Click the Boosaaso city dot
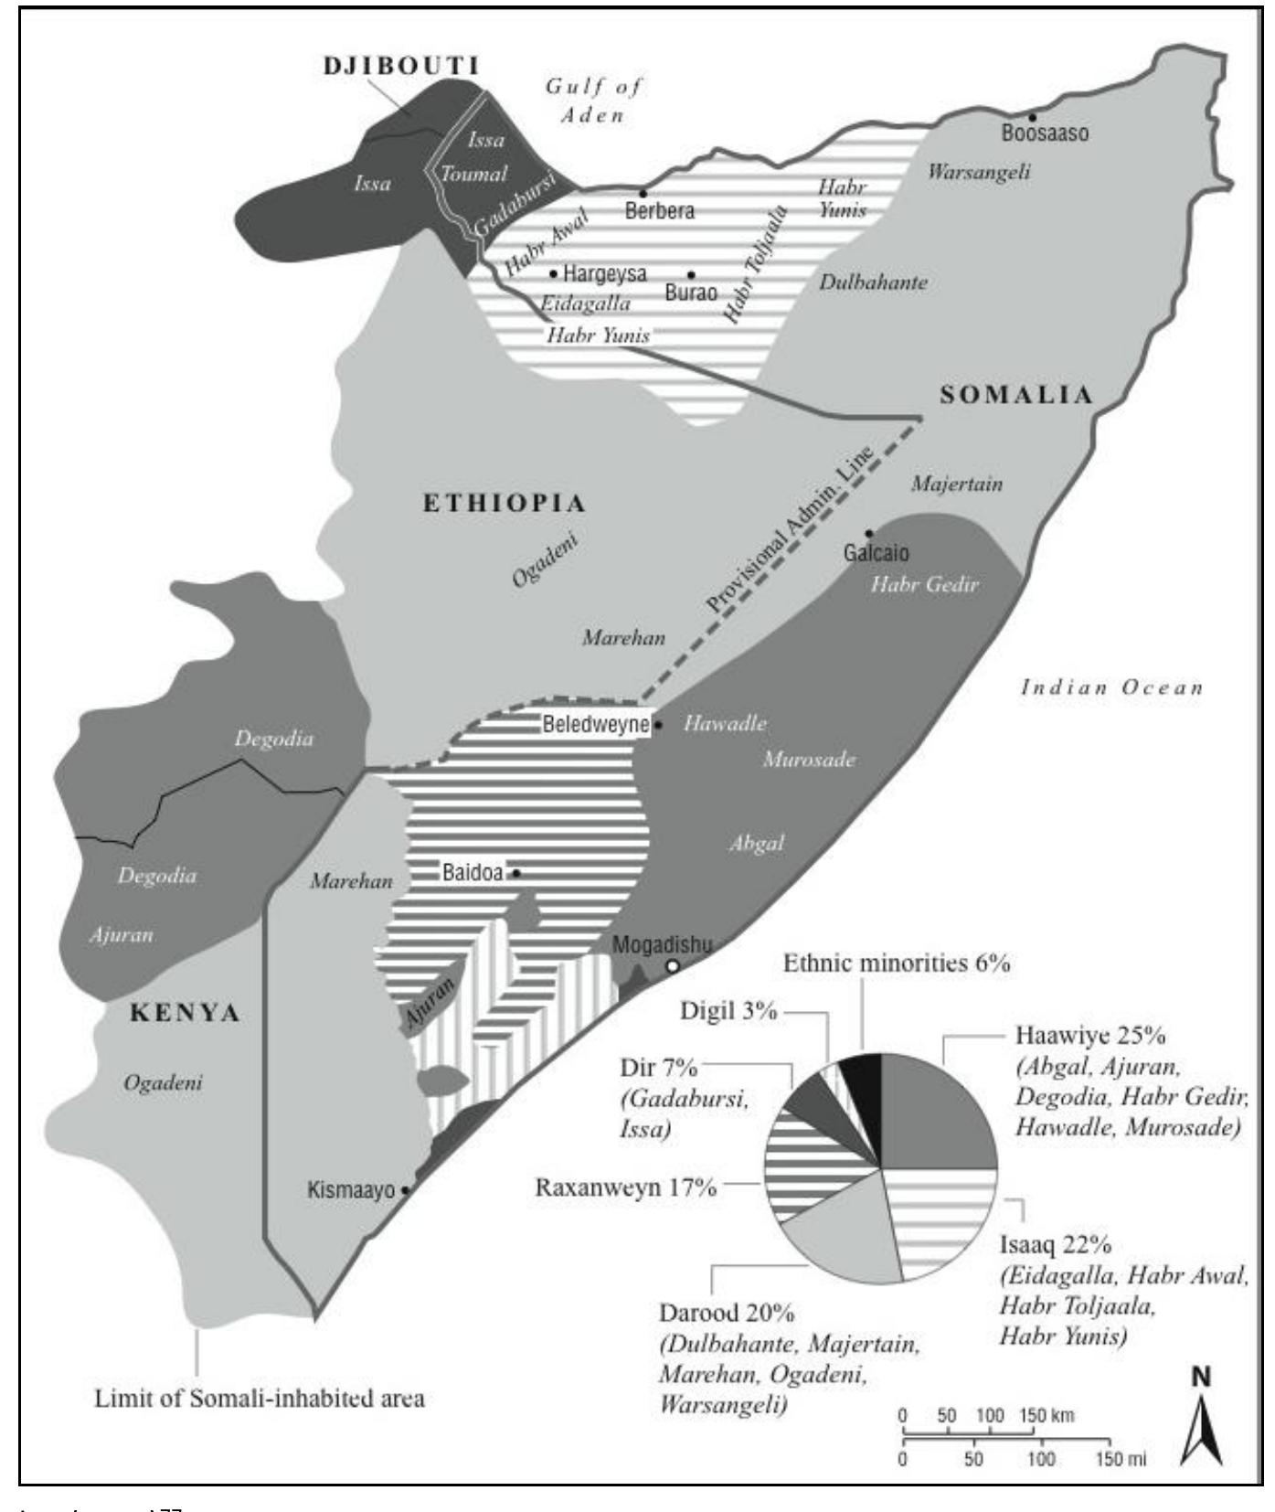pyautogui.click(x=1032, y=117)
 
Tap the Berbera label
pyautogui.click(x=659, y=211)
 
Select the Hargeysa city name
pyautogui.click(x=604, y=273)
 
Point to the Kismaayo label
pyautogui.click(x=350, y=1191)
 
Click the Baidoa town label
pyautogui.click(x=472, y=873)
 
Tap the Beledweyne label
pyautogui.click(x=595, y=725)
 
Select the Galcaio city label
pyautogui.click(x=876, y=553)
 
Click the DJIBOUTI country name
pyautogui.click(x=402, y=66)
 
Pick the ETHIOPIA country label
pyautogui.click(x=504, y=503)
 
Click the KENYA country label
pyautogui.click(x=186, y=1013)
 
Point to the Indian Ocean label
pyautogui.click(x=1111, y=687)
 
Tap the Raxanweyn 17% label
pyautogui.click(x=625, y=1188)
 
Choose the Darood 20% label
pyautogui.click(x=727, y=1314)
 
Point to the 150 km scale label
pyautogui.click(x=1047, y=1416)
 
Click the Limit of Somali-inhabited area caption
pyautogui.click(x=260, y=1399)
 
